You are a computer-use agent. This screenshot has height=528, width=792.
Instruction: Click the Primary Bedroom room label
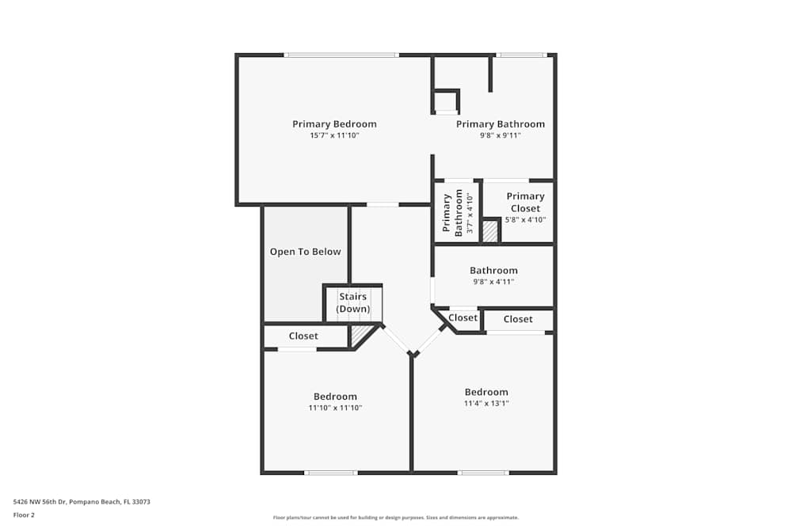coord(334,124)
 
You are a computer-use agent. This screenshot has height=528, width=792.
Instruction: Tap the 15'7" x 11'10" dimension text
coord(334,135)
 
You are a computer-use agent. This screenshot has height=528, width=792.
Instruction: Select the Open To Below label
coord(305,252)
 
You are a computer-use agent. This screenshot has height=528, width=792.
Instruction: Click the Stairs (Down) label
coord(352,302)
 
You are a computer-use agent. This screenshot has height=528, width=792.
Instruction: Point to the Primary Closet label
coord(525,202)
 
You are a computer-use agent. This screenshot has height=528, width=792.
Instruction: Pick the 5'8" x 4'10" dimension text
coord(525,220)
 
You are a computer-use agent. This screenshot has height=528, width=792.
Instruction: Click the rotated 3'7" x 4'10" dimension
coord(470,214)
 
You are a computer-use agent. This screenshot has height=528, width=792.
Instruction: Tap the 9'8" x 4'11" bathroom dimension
coord(493,282)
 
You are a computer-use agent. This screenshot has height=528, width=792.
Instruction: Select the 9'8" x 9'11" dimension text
coord(500,135)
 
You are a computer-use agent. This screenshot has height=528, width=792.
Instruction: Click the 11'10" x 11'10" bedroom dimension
coord(335,408)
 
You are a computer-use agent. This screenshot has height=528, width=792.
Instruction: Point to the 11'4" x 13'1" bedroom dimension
coord(486,403)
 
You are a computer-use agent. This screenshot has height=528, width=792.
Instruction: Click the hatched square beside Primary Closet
coord(491,231)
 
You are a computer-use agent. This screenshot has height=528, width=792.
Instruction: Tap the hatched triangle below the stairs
coord(360,336)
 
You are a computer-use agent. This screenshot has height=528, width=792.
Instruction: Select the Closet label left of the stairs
coord(303,336)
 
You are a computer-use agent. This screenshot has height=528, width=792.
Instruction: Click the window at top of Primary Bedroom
coord(341,55)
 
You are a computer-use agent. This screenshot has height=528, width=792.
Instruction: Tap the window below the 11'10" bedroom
coord(330,473)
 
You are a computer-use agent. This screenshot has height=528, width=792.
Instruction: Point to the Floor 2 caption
coord(24,515)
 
